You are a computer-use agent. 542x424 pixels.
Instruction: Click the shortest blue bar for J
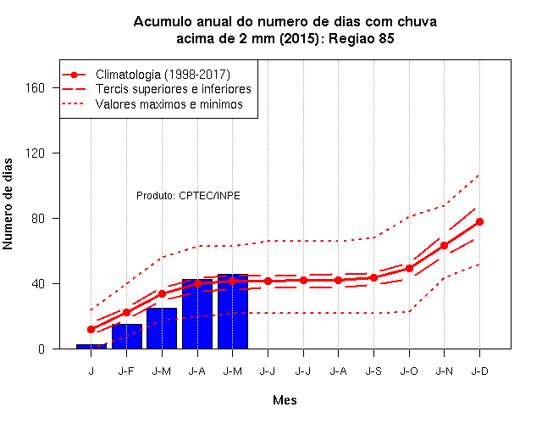[91, 347]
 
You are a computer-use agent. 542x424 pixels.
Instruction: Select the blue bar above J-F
[127, 337]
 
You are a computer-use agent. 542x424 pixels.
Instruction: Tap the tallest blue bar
[233, 311]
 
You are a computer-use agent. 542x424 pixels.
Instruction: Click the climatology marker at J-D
[479, 222]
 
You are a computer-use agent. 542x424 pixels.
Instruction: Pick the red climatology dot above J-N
[444, 245]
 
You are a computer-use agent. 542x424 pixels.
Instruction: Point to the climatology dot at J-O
[409, 268]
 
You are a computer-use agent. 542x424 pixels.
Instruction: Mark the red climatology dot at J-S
[373, 277]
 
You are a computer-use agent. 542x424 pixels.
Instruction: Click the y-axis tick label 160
[35, 88]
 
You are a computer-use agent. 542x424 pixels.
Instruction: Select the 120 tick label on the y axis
[35, 153]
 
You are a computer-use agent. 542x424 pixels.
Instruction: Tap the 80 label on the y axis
[38, 219]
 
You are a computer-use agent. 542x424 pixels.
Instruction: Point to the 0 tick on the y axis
[41, 349]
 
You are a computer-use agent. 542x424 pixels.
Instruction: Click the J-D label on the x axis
[480, 371]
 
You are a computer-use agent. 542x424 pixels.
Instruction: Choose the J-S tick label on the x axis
[373, 371]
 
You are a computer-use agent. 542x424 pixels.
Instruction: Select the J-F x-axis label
[126, 371]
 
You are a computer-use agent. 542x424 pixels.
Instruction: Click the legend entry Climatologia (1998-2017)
[163, 75]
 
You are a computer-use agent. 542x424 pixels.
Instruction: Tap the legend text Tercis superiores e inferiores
[173, 89]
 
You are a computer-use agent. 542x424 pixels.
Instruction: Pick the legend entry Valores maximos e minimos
[169, 104]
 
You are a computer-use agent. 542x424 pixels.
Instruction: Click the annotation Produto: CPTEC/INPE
[188, 196]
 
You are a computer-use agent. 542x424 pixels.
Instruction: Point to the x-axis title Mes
[285, 400]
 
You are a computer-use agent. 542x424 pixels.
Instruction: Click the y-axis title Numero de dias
[8, 204]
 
